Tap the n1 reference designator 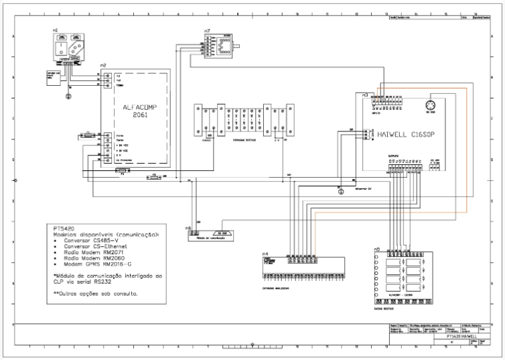(54, 30)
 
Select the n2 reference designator (102, 64)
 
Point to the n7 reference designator (208, 31)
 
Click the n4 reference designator (265, 253)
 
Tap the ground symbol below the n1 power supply (67, 96)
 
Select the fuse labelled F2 (153, 177)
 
